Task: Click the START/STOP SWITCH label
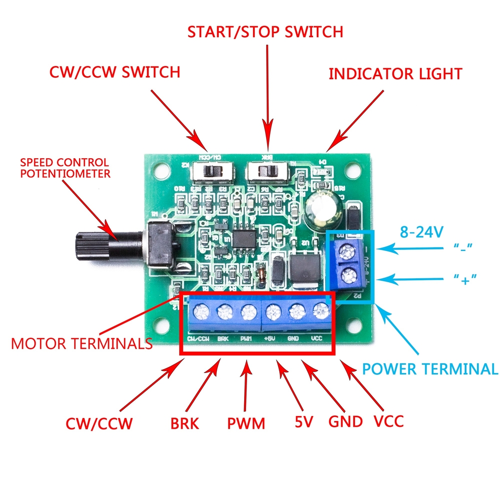266,32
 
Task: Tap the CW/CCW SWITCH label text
115,72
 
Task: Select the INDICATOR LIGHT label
395,74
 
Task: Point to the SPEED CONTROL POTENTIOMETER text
65,167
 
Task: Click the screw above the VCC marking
321,310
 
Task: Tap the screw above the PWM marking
248,311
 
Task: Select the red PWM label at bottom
246,423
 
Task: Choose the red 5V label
303,421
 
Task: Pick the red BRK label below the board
185,423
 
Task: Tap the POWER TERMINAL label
430,369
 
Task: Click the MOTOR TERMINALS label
82,343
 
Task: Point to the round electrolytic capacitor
322,211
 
